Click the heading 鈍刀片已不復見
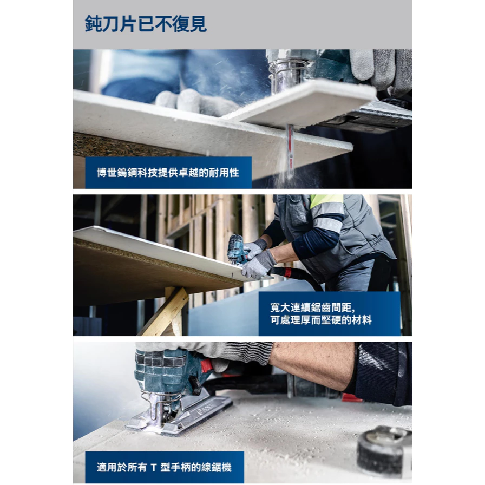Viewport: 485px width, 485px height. [x=146, y=24]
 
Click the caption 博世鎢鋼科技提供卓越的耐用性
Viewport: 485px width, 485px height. [x=168, y=173]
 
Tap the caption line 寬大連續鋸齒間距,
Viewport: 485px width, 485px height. [x=312, y=307]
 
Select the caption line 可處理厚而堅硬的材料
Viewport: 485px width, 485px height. [x=321, y=320]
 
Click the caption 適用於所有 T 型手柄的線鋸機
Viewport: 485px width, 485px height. [x=164, y=467]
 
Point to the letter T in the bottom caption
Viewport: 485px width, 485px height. [x=154, y=467]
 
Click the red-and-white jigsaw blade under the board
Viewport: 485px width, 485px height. [x=290, y=152]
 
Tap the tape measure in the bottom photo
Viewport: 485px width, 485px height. [x=384, y=451]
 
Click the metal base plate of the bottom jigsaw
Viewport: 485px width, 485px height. [x=179, y=415]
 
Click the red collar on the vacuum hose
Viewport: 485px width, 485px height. [x=287, y=272]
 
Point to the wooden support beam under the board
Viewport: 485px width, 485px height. [x=164, y=312]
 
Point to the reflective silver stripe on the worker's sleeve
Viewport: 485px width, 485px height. [x=328, y=224]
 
